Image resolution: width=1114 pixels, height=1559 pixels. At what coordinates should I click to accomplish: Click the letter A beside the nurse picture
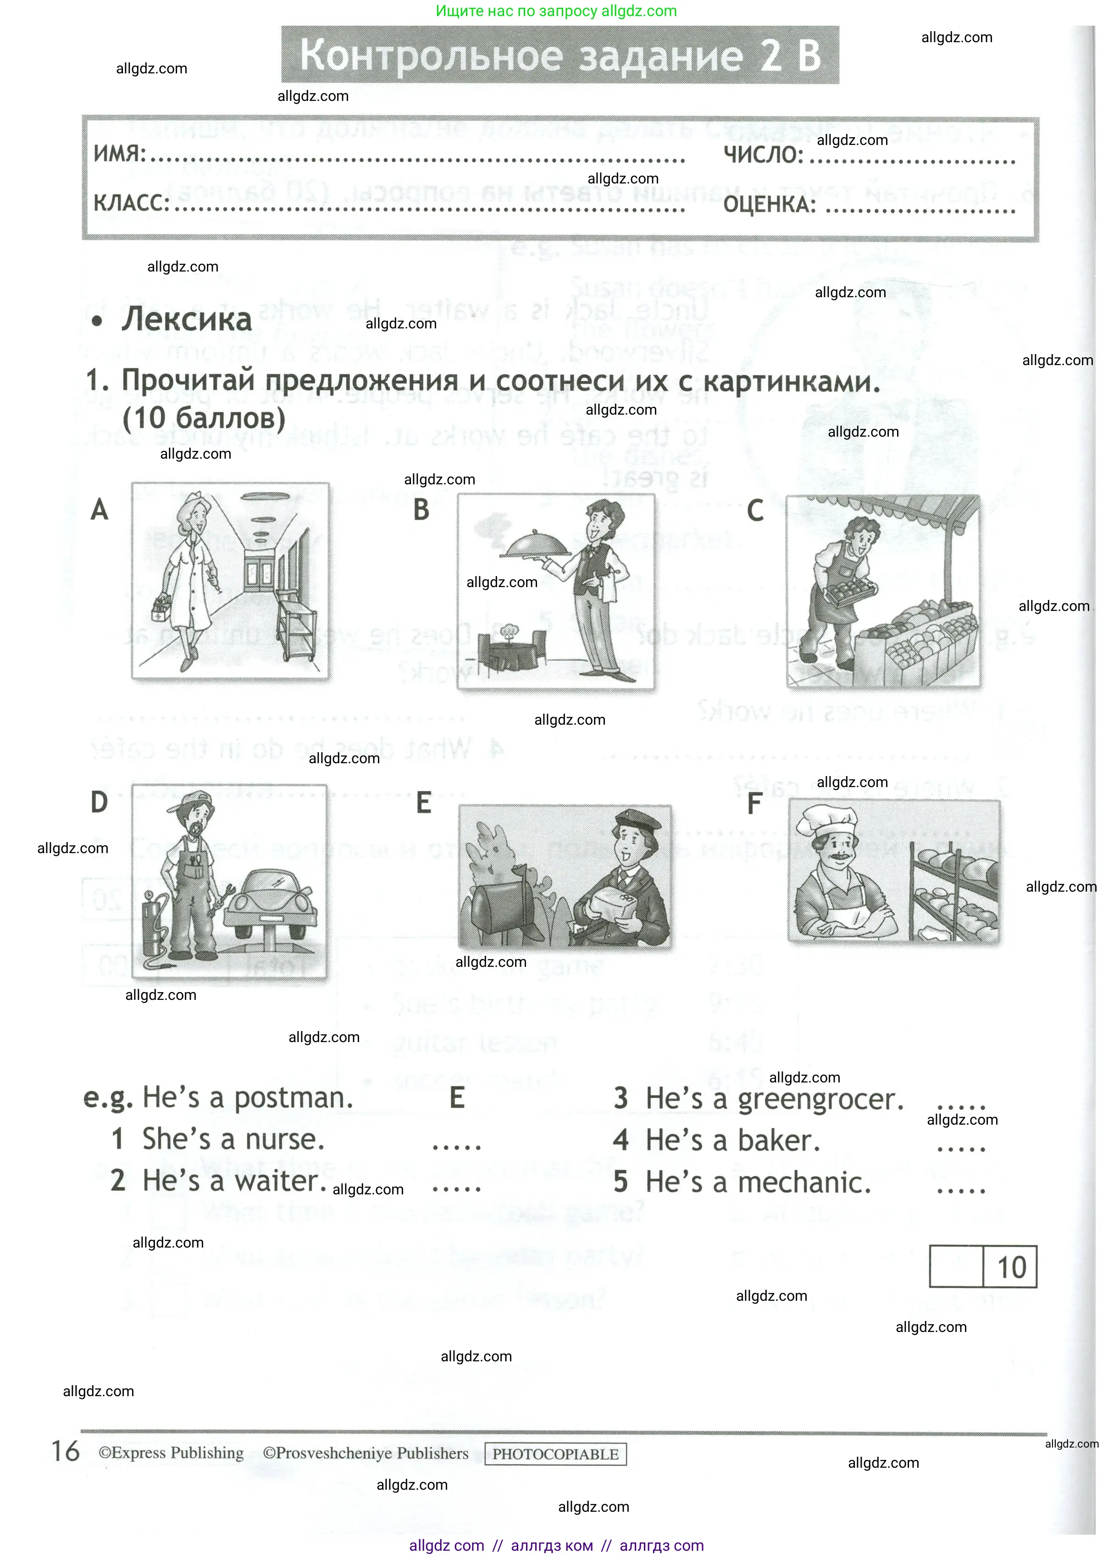click(x=100, y=510)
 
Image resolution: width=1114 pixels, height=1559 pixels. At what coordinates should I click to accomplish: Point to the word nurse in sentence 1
click(x=284, y=1139)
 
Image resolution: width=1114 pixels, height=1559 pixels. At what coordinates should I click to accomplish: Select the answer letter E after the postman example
click(x=457, y=1098)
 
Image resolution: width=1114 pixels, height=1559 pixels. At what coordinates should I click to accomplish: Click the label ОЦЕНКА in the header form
click(x=770, y=205)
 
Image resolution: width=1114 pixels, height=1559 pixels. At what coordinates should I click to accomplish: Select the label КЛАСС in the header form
click(x=131, y=203)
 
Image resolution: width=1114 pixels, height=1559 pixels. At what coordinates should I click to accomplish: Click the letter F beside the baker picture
click(x=754, y=803)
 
